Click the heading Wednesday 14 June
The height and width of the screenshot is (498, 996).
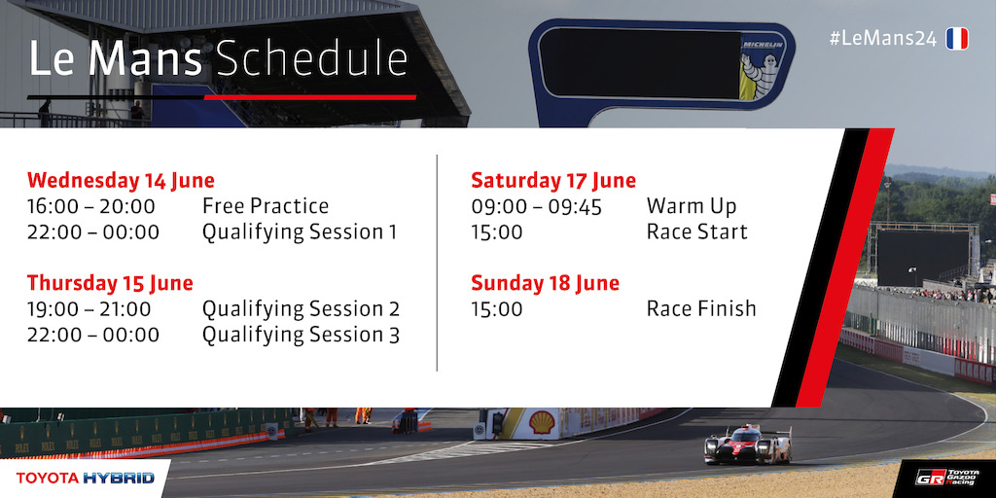(x=121, y=180)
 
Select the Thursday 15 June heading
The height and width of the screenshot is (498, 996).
(x=110, y=283)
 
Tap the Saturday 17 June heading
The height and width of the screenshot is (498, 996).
(x=553, y=180)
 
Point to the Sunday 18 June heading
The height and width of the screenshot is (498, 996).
(x=545, y=283)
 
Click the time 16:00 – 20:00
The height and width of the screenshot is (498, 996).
(x=90, y=206)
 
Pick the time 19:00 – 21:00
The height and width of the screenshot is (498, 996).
(x=89, y=309)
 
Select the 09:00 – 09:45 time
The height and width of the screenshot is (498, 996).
(x=536, y=206)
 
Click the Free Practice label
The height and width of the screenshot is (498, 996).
(x=266, y=206)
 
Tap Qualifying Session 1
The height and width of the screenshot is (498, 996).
(x=300, y=232)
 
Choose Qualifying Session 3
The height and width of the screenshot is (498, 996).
(x=302, y=335)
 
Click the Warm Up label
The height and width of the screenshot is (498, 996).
(x=692, y=206)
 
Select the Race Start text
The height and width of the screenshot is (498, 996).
(x=696, y=231)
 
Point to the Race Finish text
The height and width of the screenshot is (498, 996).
(x=701, y=308)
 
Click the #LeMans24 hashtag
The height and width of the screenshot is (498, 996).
(x=883, y=39)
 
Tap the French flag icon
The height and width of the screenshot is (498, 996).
(x=957, y=39)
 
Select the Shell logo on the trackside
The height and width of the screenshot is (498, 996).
(x=542, y=422)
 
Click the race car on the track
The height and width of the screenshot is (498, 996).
(x=748, y=445)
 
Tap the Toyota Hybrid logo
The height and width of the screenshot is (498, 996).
(x=86, y=478)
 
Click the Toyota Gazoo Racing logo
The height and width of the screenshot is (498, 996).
(x=947, y=478)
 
